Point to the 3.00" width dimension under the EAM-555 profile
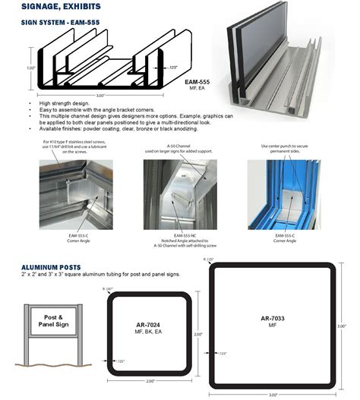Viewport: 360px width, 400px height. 101,96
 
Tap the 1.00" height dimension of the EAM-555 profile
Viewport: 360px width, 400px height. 30,68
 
